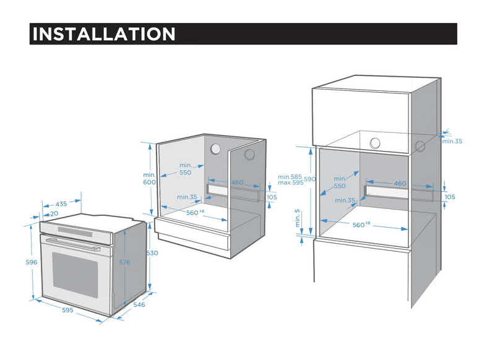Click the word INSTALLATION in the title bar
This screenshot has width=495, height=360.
pyautogui.click(x=103, y=33)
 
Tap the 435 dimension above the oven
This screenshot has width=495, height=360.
pyautogui.click(x=61, y=204)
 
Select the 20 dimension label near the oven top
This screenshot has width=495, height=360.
pyautogui.click(x=54, y=213)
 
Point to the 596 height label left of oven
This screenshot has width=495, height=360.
pyautogui.click(x=31, y=262)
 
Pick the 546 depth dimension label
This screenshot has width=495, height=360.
pyautogui.click(x=139, y=304)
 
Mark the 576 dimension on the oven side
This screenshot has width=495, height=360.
pyautogui.click(x=124, y=262)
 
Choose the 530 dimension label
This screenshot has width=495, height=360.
pyautogui.click(x=152, y=253)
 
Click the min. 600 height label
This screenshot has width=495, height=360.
pyautogui.click(x=150, y=178)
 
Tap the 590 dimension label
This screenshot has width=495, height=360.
pyautogui.click(x=310, y=179)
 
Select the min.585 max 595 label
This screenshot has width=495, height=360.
pyautogui.click(x=290, y=179)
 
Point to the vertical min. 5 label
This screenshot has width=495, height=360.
pyautogui.click(x=297, y=218)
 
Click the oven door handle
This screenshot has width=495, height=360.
pyautogui.click(x=73, y=243)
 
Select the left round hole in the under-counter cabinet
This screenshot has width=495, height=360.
pyautogui.click(x=216, y=149)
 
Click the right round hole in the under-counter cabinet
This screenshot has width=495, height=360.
pyautogui.click(x=249, y=154)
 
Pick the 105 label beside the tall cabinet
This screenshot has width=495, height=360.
pyautogui.click(x=450, y=197)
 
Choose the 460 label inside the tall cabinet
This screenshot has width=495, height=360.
pyautogui.click(x=400, y=184)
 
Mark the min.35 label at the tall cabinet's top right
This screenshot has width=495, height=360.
pyautogui.click(x=452, y=141)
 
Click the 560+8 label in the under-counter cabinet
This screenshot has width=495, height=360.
pyautogui.click(x=194, y=212)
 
